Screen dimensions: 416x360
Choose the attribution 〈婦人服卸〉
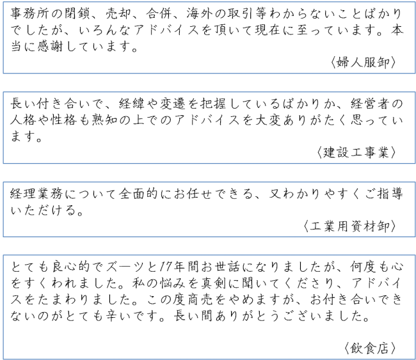(364, 63)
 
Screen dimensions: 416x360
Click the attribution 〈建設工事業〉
(356, 152)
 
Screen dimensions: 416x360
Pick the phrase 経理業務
(37, 194)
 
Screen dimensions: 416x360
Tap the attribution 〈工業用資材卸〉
(349, 226)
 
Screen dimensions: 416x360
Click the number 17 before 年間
(166, 267)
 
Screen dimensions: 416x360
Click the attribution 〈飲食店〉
(370, 348)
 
